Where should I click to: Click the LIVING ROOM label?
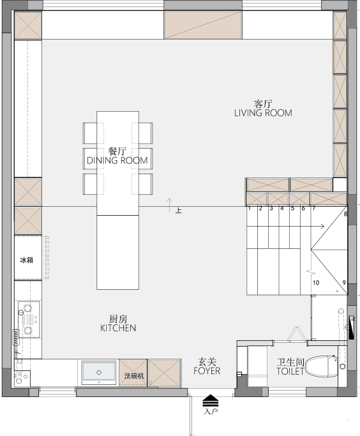tap(263, 113)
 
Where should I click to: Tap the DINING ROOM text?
tap(117, 160)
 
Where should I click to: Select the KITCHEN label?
tap(118, 328)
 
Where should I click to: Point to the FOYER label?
tap(207, 371)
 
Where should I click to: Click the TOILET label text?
tap(290, 372)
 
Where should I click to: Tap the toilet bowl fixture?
tap(322, 366)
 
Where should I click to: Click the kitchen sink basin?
tap(99, 372)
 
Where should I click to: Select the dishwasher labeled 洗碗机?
tap(133, 373)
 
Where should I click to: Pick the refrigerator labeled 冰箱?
tap(28, 258)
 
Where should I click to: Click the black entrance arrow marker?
tap(211, 401)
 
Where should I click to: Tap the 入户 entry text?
tap(211, 412)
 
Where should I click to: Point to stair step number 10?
tap(316, 283)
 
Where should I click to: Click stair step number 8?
tap(345, 214)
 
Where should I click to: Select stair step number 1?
tap(250, 208)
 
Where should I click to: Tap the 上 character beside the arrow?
tap(179, 211)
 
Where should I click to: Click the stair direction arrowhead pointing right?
tap(322, 227)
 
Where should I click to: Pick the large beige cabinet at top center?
tap(203, 25)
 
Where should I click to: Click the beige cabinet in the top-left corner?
tap(28, 26)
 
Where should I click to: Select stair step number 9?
tap(344, 283)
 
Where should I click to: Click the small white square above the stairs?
tap(340, 185)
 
